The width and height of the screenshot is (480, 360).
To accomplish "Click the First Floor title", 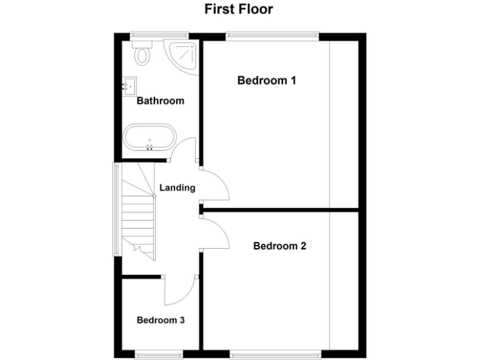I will (x=239, y=9).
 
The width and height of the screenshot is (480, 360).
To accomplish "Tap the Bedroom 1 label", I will (x=266, y=80).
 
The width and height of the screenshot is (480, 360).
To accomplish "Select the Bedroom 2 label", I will (x=279, y=246).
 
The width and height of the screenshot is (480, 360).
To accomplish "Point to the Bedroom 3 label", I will (x=161, y=320).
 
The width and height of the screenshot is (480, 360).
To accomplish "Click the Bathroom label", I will (x=161, y=101).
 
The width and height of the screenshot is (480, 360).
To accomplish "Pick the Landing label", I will (x=177, y=187).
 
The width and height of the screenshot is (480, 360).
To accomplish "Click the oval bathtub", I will (x=149, y=137).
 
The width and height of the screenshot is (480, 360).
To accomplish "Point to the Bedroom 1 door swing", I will (x=216, y=184).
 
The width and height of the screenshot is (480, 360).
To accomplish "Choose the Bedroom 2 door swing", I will (x=216, y=231).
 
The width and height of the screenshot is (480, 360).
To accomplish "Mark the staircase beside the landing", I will (x=138, y=216).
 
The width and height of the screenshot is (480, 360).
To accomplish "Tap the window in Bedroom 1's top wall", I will (x=272, y=36).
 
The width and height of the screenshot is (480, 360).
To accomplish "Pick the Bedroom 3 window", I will (x=159, y=354).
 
